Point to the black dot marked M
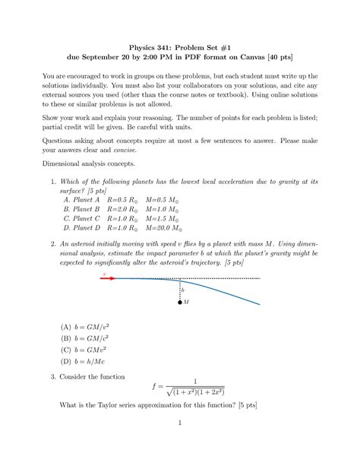(x=179, y=302)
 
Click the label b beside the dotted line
(x=182, y=290)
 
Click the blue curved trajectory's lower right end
(x=259, y=304)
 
